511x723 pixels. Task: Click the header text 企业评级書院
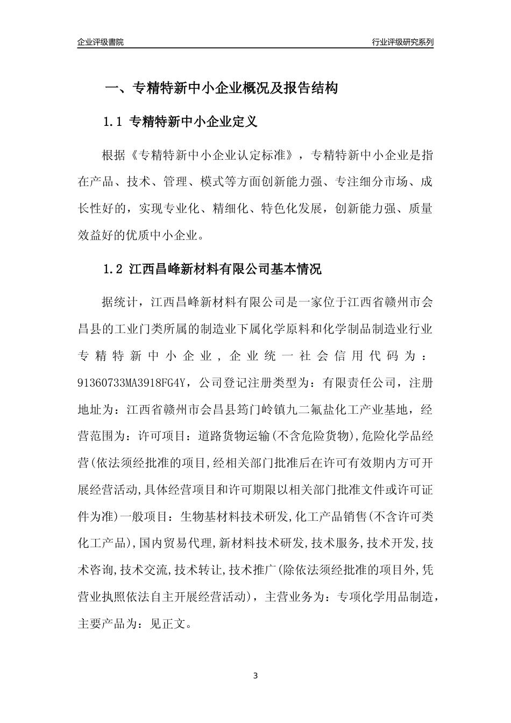pyautogui.click(x=101, y=42)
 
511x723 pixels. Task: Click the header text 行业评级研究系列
pyautogui.click(x=402, y=42)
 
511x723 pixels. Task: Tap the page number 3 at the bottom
pyautogui.click(x=256, y=676)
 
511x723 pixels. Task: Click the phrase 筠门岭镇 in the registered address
pyautogui.click(x=250, y=409)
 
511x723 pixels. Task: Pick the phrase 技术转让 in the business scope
pyautogui.click(x=198, y=570)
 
